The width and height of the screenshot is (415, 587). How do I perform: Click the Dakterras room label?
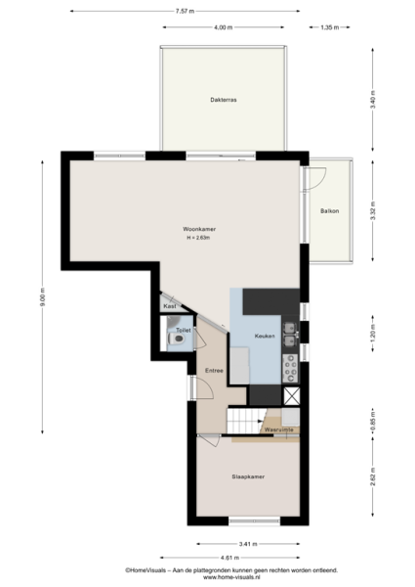point(224,100)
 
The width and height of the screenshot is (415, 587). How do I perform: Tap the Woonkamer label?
point(199,229)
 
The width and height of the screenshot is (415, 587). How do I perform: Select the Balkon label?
point(329,211)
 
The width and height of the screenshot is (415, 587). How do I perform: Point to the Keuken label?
point(265,337)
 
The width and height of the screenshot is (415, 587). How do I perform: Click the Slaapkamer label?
point(248,477)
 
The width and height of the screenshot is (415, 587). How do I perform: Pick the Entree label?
point(214,371)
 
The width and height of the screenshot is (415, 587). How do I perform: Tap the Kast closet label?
point(170,306)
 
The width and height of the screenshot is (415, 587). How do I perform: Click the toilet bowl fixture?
point(177,339)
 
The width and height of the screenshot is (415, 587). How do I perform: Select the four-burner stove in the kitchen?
point(290,369)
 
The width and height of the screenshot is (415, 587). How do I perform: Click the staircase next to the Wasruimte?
point(246,421)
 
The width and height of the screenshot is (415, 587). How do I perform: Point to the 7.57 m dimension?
point(185,11)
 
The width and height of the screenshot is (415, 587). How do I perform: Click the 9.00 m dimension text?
point(42,297)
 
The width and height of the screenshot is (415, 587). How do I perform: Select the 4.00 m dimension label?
point(224,27)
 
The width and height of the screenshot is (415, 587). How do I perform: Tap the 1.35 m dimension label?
point(330,27)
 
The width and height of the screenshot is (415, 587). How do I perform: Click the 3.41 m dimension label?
point(248,544)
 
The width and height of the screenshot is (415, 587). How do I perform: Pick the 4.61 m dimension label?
point(229,558)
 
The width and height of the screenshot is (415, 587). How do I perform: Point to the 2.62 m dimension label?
point(373,477)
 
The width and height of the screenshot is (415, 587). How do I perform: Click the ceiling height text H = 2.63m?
point(198,238)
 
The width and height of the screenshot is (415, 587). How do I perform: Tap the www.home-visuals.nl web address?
point(231,577)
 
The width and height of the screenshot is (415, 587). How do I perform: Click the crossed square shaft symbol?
point(292,396)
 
